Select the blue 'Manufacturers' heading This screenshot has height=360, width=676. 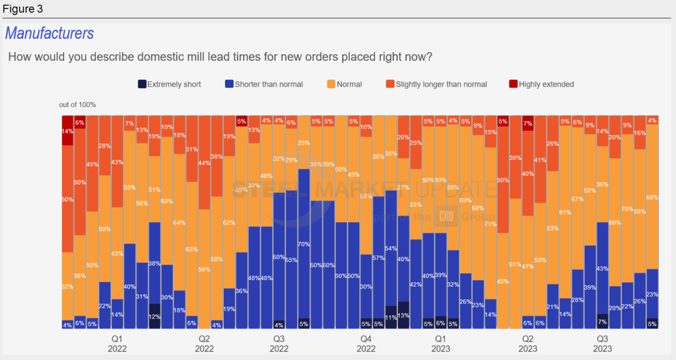coord(50,33)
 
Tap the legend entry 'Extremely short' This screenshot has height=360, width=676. coord(170,84)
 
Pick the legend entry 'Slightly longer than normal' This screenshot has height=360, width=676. coord(436,84)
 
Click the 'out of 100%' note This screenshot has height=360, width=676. coord(77,104)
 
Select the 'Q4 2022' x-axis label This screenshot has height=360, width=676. coord(366,343)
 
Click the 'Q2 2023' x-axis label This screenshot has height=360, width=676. coord(527,343)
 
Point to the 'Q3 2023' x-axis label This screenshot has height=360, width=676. coord(602,343)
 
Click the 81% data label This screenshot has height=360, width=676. coord(565,212)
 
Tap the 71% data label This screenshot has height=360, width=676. coord(490,224)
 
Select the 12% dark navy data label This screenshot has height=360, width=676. coord(154,316)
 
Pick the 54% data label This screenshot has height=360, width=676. coord(391,248)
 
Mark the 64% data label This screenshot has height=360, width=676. coord(179,223)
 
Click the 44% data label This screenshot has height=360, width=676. coord(204,162)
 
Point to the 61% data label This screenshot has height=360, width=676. coord(515,264)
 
